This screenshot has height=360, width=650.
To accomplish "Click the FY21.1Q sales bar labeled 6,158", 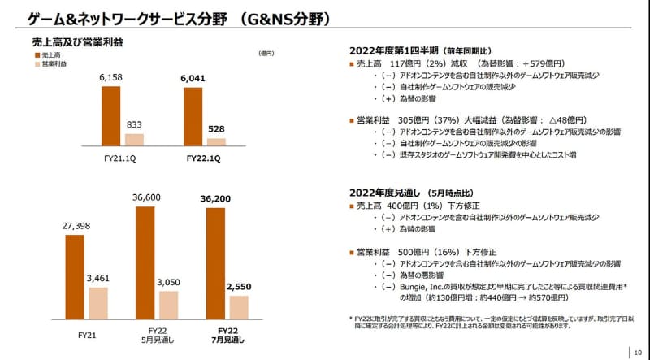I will (x=110, y=115).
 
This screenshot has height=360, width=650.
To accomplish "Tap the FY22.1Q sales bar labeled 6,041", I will (x=193, y=116).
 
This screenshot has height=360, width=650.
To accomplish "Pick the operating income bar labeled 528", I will (x=216, y=141).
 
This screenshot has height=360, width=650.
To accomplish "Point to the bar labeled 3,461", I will (x=97, y=302).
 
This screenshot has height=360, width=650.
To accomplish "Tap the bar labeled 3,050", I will (x=169, y=304).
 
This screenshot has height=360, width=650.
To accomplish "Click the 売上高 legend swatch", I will (x=37, y=54).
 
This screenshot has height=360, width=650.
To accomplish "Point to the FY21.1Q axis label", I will (x=123, y=160).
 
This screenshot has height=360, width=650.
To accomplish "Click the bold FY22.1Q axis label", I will (x=204, y=160).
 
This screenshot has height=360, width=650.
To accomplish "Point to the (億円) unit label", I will (x=266, y=54).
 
